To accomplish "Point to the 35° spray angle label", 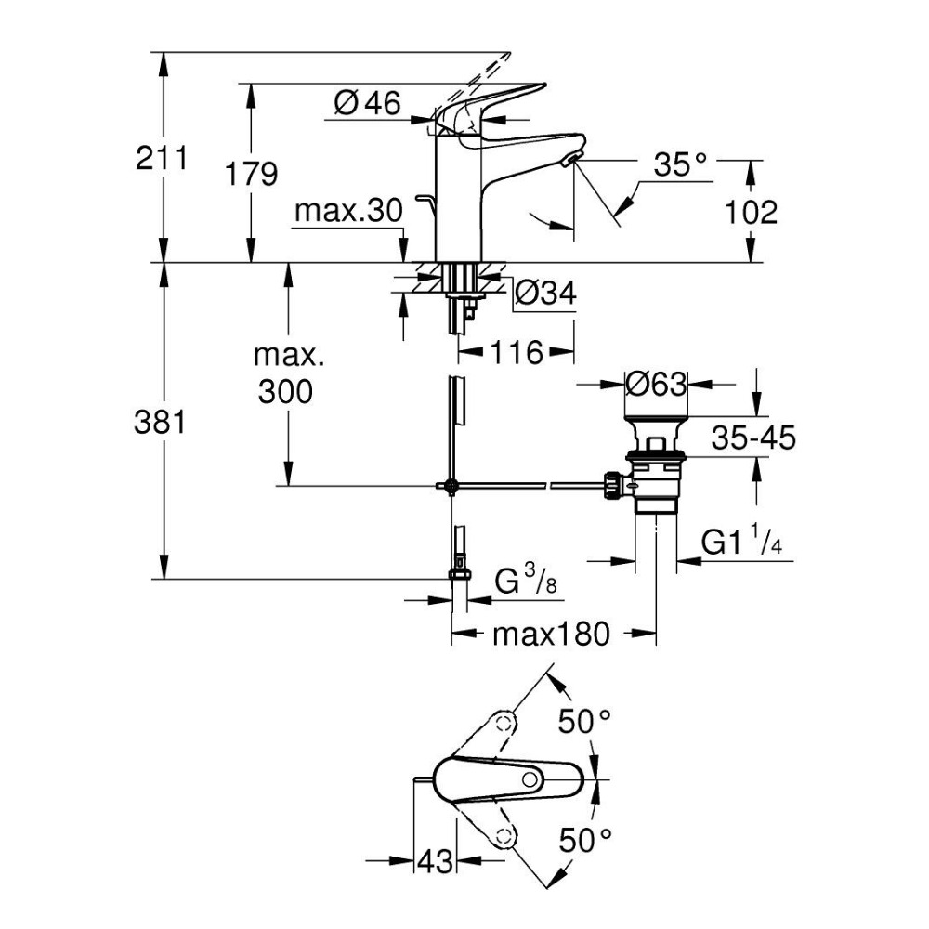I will click(x=680, y=166).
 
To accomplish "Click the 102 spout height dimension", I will click(x=751, y=212).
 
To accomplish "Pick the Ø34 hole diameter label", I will click(x=546, y=294).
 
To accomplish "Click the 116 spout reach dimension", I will click(x=516, y=352).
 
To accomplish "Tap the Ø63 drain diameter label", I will click(x=655, y=383).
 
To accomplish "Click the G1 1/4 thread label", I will click(x=742, y=542).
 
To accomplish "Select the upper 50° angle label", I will click(x=585, y=720).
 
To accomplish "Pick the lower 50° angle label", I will click(x=585, y=841).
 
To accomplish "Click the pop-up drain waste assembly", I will click(x=656, y=464).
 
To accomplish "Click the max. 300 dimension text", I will click(x=284, y=373).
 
